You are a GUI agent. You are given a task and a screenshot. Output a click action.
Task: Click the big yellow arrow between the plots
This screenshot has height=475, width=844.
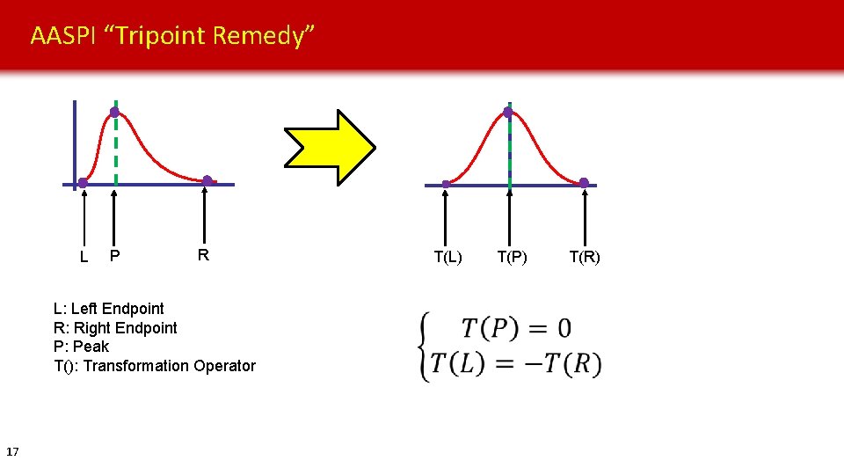329,147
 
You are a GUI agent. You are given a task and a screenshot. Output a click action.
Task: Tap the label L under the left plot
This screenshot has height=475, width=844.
84,258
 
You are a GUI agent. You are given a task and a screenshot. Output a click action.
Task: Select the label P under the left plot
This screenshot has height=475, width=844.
114,256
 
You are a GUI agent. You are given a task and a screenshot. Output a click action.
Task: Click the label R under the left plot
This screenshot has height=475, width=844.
203,255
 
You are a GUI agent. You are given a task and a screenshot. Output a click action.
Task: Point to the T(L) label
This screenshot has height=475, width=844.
447,257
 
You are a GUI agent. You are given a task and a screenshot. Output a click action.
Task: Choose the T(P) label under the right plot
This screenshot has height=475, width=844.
512,257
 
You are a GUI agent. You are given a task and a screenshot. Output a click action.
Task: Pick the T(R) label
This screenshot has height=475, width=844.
585,257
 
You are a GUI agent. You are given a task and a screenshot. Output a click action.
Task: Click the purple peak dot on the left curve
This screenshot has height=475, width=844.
114,113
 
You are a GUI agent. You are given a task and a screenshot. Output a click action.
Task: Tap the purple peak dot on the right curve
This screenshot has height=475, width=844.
508,113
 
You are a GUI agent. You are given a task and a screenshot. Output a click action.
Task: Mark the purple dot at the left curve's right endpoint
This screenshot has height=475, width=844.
207,181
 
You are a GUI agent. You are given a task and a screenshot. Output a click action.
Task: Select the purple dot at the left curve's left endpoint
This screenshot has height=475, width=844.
83,183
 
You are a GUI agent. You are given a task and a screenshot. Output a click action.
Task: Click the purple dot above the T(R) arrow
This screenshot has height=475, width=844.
584,183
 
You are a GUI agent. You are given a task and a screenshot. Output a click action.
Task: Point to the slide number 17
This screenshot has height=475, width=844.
12,452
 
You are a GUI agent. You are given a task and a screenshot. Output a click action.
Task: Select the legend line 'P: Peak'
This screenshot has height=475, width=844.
81,347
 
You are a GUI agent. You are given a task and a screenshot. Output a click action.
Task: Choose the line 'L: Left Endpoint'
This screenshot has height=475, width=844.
108,309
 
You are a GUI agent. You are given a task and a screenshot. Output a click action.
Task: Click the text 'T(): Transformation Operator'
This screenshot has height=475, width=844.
155,366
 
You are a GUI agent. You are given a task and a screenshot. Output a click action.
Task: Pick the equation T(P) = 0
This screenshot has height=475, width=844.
516,329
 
